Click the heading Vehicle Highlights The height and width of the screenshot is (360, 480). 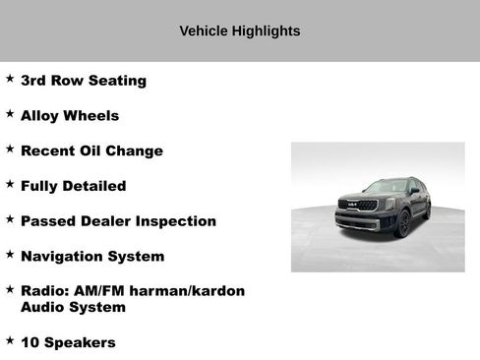point(239,31)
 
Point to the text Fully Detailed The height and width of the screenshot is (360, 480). point(73,186)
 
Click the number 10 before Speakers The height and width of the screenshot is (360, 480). point(30,342)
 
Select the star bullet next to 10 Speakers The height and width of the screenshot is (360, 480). point(10,340)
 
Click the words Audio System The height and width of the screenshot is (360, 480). point(73,307)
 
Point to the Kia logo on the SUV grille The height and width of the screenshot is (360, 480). point(353,205)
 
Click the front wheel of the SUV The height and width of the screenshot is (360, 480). point(402,224)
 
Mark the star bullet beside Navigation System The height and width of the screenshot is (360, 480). point(10,254)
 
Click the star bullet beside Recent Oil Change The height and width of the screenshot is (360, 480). point(10,149)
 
